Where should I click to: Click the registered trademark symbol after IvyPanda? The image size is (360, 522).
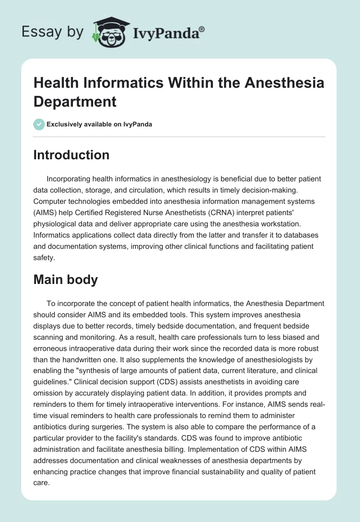point(202,29)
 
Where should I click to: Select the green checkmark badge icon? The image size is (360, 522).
point(39,124)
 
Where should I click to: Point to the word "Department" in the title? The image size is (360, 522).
point(75,101)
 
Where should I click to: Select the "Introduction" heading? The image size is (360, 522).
point(72,155)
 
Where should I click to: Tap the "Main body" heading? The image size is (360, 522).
point(66,279)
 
